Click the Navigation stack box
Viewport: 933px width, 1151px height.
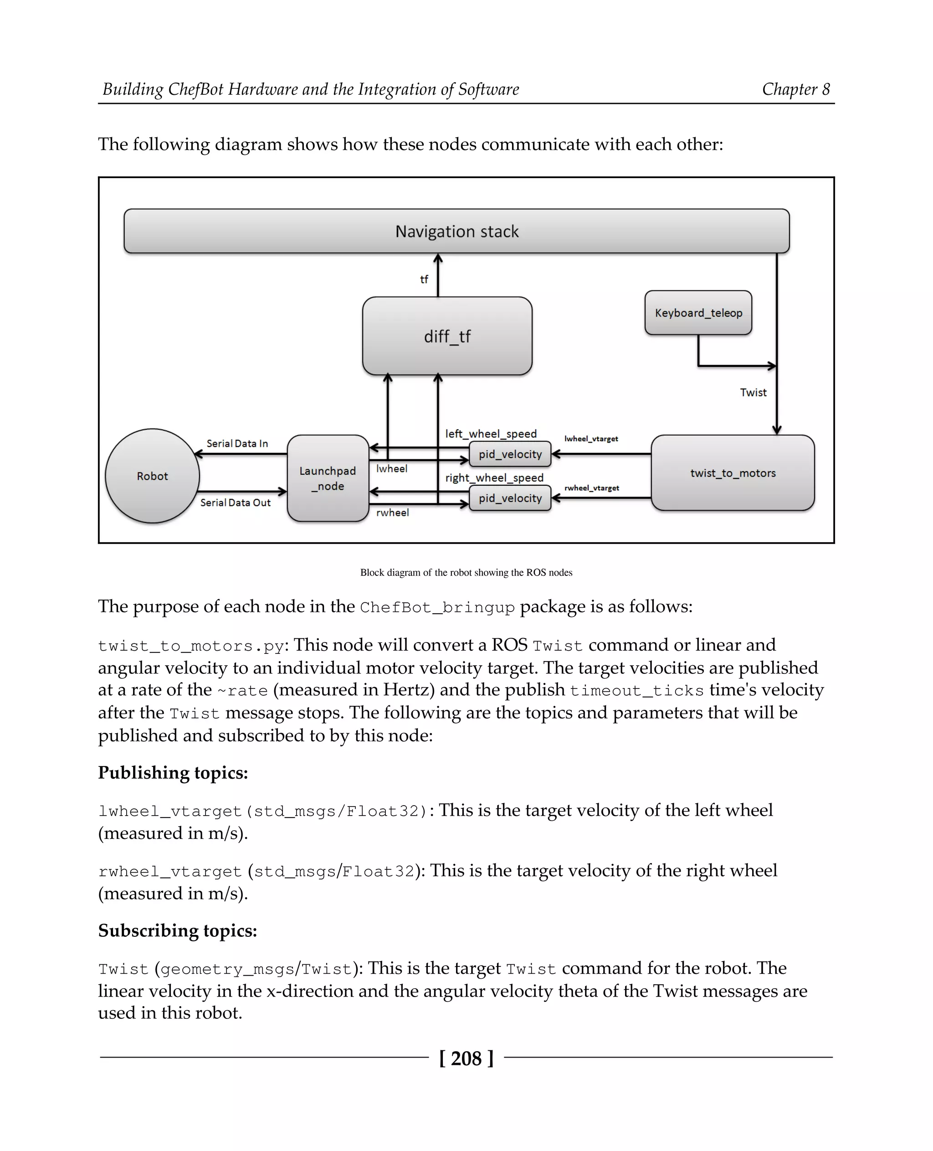456,231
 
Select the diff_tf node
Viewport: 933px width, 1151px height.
447,336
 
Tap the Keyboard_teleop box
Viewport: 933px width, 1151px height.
698,313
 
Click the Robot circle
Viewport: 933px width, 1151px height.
152,476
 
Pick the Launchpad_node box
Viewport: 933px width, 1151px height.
328,478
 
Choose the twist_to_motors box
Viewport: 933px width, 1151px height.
733,473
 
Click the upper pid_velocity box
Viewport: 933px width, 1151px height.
510,454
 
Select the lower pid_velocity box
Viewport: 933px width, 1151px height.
510,498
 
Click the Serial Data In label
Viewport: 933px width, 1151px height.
237,443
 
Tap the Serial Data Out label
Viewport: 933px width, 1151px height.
236,503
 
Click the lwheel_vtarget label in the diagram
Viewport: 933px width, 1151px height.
591,439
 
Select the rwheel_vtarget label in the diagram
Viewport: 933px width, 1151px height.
592,488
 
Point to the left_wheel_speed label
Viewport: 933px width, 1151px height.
491,434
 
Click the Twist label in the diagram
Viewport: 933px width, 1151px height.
753,392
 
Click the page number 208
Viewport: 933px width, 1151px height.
466,1059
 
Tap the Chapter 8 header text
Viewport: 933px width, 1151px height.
795,89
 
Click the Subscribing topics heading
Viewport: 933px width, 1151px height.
177,930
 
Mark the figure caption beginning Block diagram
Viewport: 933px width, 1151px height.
466,573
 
